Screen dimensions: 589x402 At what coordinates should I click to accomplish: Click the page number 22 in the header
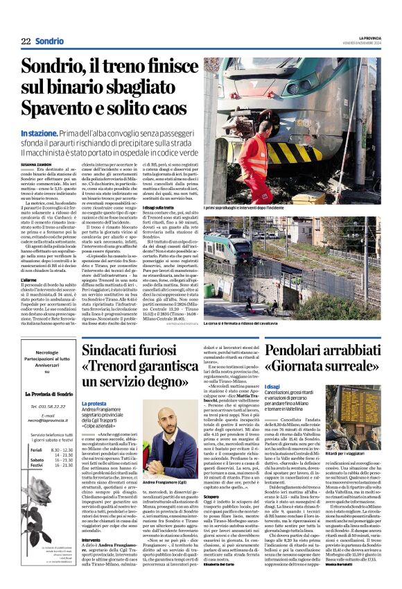26,42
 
